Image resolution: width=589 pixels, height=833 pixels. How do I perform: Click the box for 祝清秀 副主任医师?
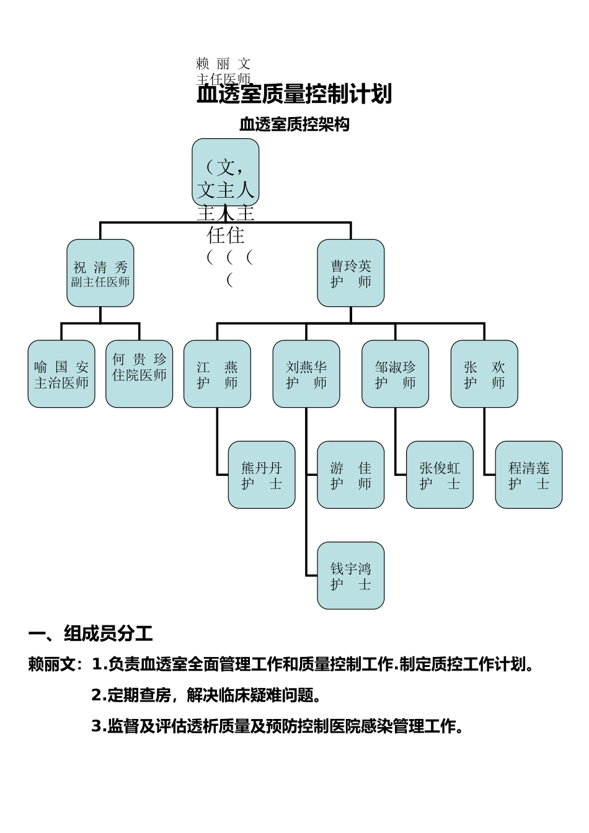point(100,273)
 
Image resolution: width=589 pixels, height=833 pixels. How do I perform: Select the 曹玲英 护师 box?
point(351,273)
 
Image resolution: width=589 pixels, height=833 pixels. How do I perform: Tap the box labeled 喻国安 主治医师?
point(61,374)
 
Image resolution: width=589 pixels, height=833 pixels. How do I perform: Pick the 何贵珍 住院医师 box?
point(139,374)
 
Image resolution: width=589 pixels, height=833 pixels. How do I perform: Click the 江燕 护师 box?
point(217,374)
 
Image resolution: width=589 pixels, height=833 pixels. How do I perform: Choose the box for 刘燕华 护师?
point(306,374)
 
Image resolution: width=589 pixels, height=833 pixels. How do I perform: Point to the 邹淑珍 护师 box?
point(396,374)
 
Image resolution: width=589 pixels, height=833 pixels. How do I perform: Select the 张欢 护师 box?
point(484,374)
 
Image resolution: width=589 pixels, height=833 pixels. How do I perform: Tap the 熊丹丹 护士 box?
point(262,475)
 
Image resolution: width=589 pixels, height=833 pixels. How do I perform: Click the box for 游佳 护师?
point(351,475)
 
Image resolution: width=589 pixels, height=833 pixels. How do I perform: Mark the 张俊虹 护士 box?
point(440,475)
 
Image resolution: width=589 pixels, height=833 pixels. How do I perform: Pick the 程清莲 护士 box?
point(529,475)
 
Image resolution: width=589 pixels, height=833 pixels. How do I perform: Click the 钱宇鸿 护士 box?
point(351,576)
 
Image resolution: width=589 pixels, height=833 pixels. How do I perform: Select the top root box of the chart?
point(226,172)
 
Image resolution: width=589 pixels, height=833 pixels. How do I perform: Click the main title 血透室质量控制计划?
point(294,94)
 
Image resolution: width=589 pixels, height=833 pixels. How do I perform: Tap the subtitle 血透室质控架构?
point(294,125)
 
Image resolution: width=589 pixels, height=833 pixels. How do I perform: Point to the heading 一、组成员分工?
point(91,633)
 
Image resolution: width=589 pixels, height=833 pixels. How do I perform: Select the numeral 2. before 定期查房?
point(99,695)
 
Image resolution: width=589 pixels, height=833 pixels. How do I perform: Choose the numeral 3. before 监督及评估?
point(99,726)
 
